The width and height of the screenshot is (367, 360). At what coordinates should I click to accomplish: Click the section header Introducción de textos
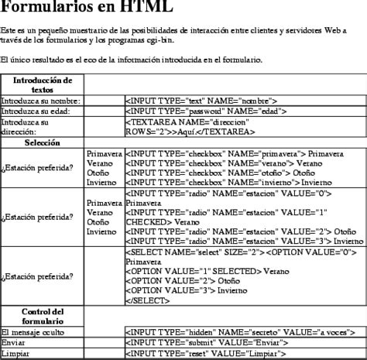(x=43, y=84)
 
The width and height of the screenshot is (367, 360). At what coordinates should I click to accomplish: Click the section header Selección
(x=42, y=142)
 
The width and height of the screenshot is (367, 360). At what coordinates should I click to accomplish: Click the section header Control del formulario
(x=43, y=316)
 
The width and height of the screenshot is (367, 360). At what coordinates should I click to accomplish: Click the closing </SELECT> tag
(x=145, y=300)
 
